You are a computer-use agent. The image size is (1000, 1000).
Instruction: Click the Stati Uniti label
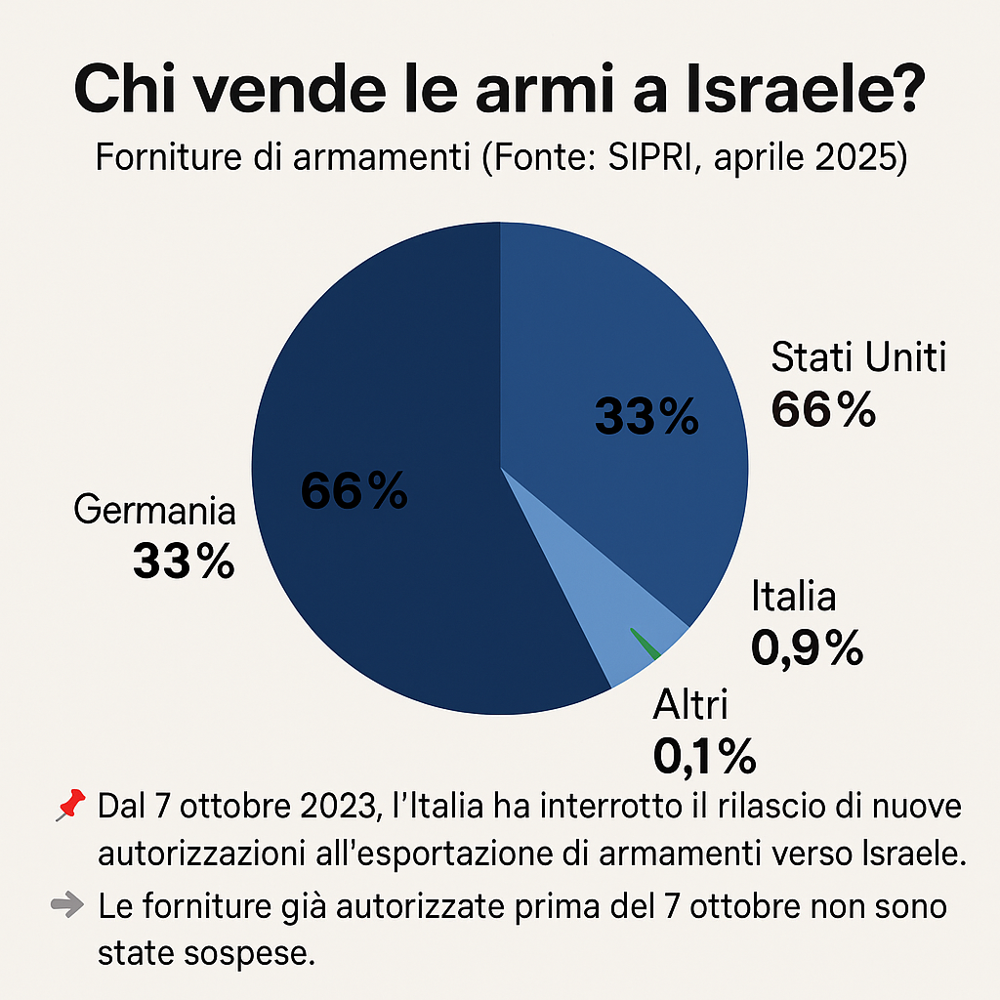858,358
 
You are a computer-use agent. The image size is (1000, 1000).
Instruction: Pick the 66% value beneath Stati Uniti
823,409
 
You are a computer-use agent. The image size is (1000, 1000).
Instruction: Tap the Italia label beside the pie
793,597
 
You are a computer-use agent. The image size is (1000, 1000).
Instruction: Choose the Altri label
690,703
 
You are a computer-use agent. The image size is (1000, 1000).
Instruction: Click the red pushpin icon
67,807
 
